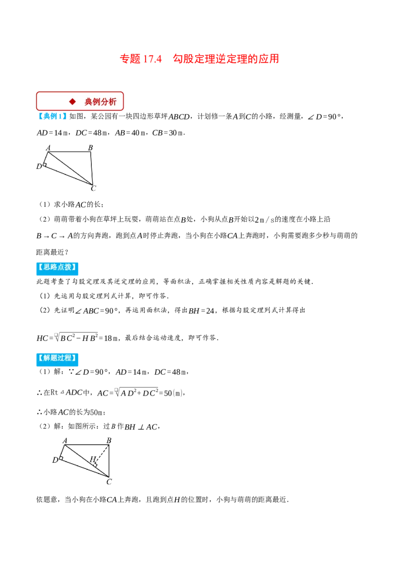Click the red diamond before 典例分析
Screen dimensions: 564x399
72,102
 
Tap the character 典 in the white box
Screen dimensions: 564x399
89,102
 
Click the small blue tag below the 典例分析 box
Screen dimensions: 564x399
53,116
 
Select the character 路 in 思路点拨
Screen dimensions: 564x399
54,267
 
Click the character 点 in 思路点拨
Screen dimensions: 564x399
61,267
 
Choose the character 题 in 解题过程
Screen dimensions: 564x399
54,358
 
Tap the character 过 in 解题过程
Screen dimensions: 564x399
61,358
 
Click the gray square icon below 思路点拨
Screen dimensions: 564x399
56,335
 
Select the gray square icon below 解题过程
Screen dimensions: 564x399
116,391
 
